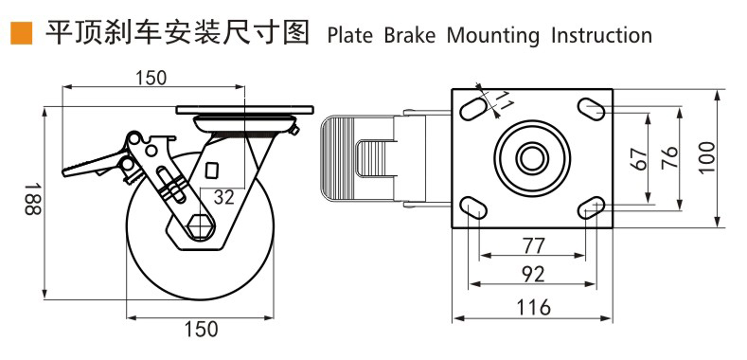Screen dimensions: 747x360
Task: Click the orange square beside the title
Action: [x=21, y=33]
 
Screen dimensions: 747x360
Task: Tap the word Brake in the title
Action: [x=410, y=35]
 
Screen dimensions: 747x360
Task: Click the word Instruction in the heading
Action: [x=602, y=35]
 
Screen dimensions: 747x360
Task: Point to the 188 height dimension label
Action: [x=33, y=198]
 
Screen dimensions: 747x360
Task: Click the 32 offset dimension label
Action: [x=223, y=196]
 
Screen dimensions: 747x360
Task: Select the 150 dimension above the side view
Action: [x=151, y=78]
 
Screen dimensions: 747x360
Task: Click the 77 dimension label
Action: [x=533, y=245]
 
